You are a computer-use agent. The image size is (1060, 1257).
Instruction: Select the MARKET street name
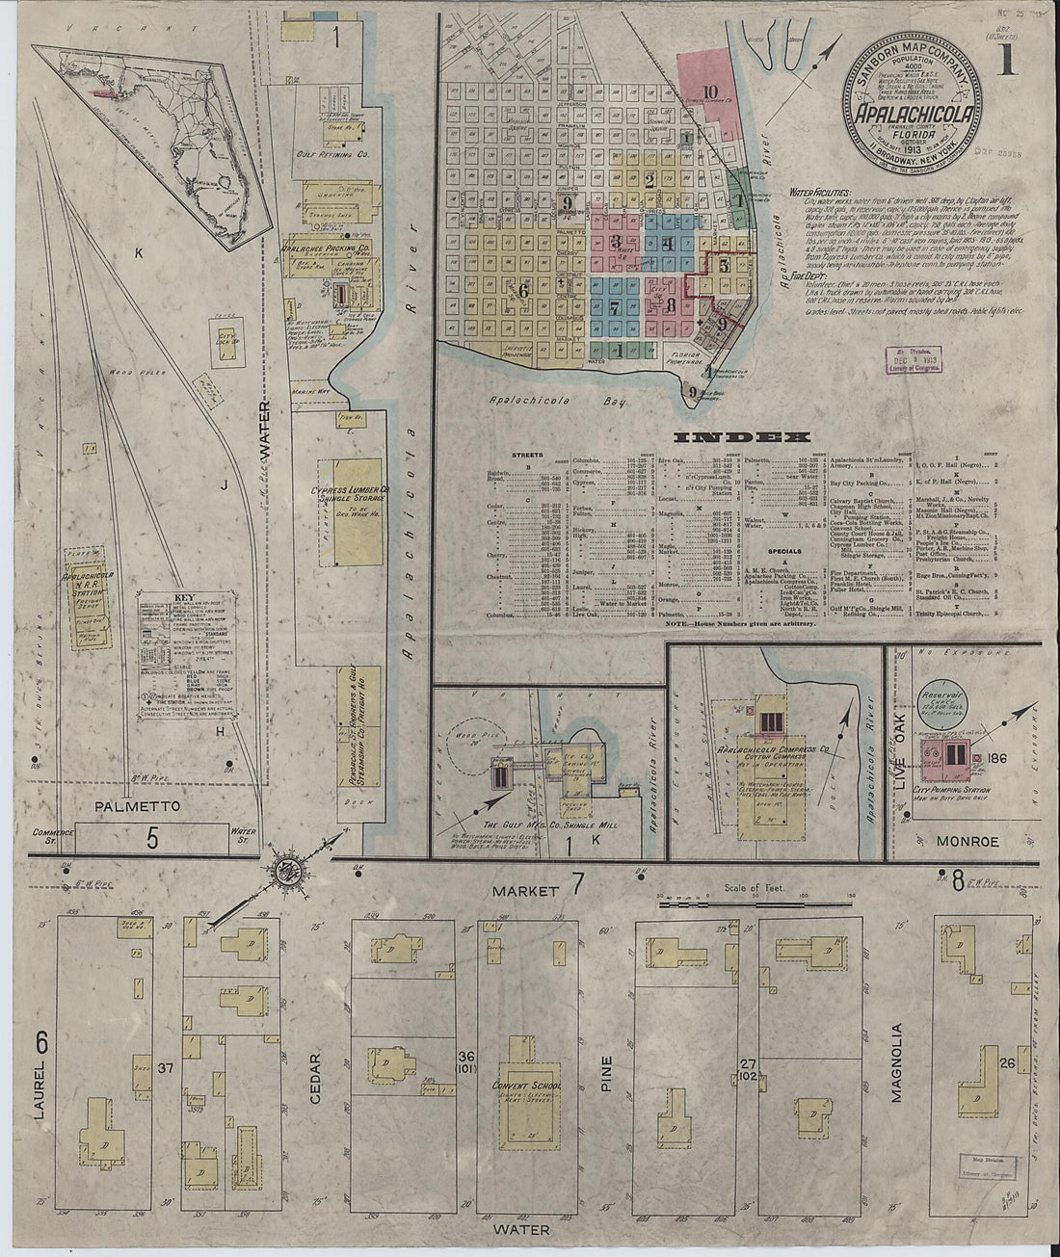pos(523,891)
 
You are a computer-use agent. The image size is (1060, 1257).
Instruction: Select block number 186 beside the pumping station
pos(996,759)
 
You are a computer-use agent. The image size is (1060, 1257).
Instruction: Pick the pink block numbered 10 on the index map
pos(711,92)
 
